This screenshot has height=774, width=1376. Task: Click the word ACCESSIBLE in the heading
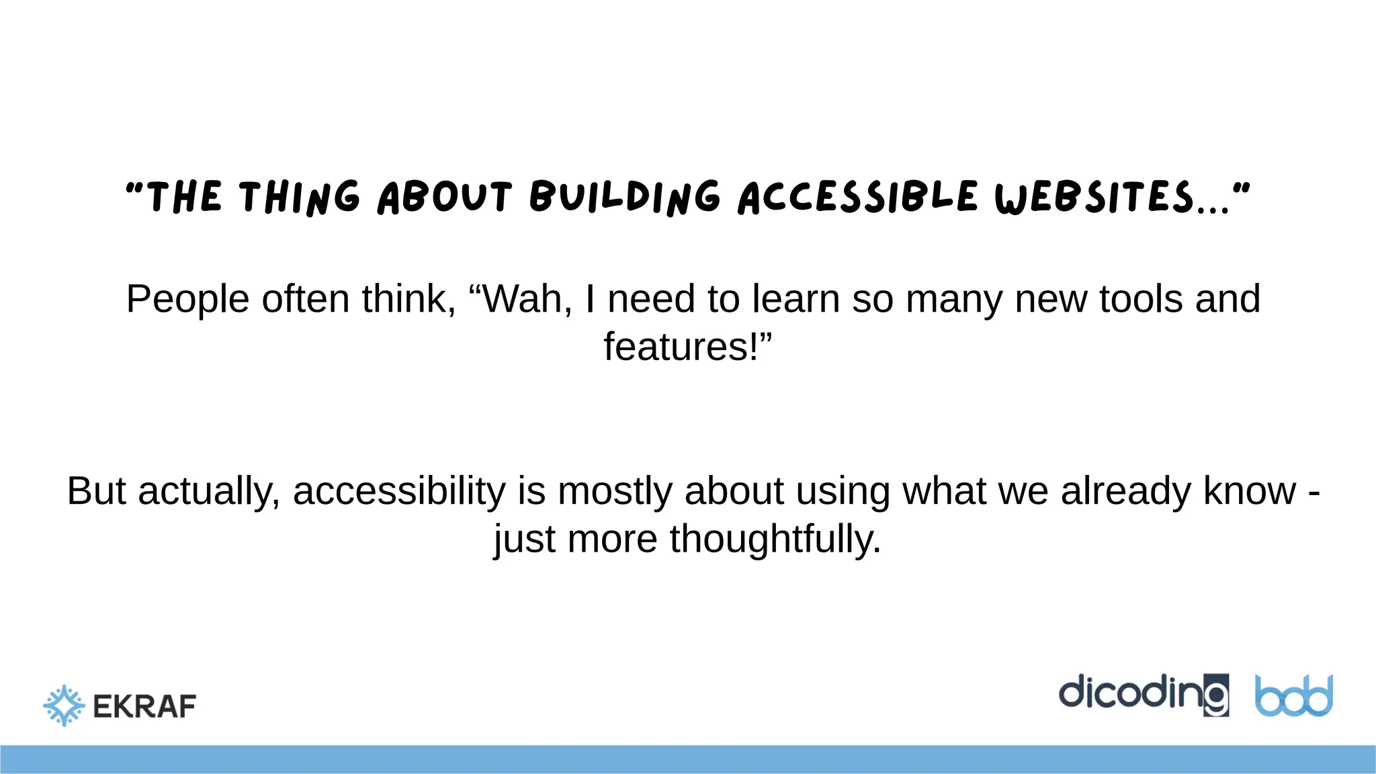[858, 198]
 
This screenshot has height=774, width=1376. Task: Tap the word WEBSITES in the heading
[1095, 198]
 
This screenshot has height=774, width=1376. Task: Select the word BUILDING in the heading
[625, 198]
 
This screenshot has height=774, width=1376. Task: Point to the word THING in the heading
[300, 198]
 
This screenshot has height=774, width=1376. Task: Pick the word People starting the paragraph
[187, 300]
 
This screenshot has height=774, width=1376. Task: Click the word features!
[687, 347]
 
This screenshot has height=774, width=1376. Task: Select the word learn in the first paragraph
[795, 299]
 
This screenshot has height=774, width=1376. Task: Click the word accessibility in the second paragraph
[399, 492]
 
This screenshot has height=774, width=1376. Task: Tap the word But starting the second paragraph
[96, 491]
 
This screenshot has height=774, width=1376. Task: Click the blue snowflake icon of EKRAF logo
[64, 705]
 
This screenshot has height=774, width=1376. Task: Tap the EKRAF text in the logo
[144, 707]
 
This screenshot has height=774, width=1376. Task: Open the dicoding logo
[1144, 695]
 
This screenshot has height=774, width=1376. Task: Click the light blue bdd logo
[1293, 696]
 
